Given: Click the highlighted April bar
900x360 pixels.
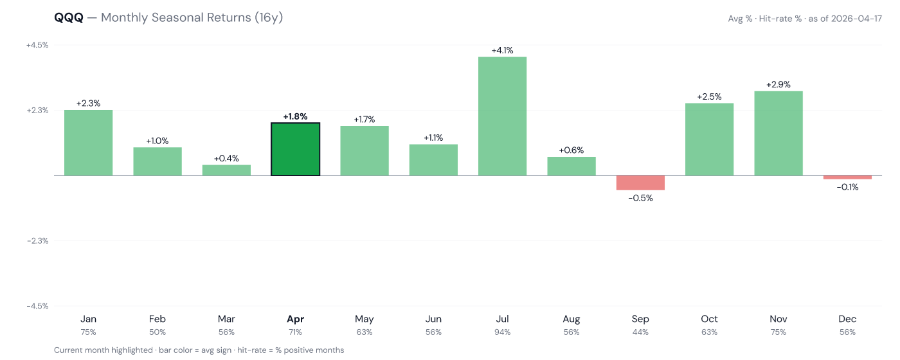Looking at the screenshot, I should (295, 149).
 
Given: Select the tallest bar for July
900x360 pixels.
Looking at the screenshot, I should (502, 116).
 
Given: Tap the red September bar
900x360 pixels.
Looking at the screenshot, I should (640, 183).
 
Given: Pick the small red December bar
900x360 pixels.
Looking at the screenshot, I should (847, 177).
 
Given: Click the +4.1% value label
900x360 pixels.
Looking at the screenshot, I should (502, 50).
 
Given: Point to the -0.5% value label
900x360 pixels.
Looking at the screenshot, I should (640, 198).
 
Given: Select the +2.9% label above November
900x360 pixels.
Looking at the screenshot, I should (778, 84).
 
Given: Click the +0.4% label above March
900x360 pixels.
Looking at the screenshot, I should (226, 158).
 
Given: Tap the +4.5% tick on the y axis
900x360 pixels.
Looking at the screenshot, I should (37, 45).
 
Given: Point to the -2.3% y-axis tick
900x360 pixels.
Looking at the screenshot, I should (37, 240).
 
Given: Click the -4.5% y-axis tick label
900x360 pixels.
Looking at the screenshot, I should (37, 306).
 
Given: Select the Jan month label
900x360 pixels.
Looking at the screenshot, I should (88, 319).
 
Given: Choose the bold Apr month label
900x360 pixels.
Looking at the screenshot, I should (295, 319).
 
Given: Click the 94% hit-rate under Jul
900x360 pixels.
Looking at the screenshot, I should (502, 332).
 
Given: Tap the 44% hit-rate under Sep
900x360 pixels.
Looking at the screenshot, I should (640, 332).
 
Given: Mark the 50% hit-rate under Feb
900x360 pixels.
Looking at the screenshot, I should (157, 332).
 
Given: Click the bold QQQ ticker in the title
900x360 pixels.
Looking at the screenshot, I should (69, 18).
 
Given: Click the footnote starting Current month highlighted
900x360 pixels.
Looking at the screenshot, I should (199, 350).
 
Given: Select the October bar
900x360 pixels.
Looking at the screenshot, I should (709, 139).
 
